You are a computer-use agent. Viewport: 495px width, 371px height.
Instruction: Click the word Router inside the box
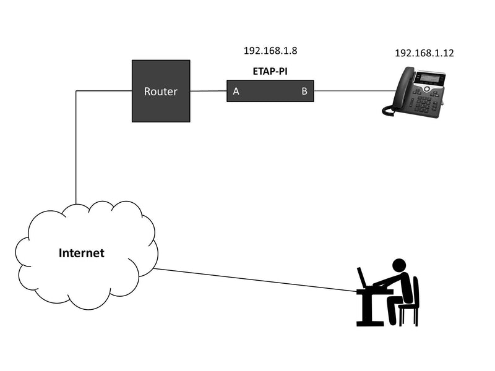tap(160, 92)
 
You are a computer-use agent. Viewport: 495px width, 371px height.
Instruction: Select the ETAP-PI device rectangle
tap(270, 92)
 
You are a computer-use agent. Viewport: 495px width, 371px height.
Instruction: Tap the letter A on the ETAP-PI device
tap(236, 92)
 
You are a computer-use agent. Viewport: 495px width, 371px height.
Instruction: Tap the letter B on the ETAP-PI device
tap(304, 92)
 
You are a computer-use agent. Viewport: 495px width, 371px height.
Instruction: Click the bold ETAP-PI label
tap(270, 71)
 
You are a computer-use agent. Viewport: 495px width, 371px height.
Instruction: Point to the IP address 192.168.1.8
tap(266, 51)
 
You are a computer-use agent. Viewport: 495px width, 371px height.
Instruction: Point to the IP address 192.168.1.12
tap(424, 53)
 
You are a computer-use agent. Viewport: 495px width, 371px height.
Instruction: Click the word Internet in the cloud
tap(81, 253)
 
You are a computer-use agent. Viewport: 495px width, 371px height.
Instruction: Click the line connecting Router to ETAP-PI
tap(208, 92)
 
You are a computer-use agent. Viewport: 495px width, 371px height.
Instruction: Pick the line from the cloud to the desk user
tap(254, 279)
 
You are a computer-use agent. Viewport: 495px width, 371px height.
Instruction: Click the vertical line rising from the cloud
tap(75, 148)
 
